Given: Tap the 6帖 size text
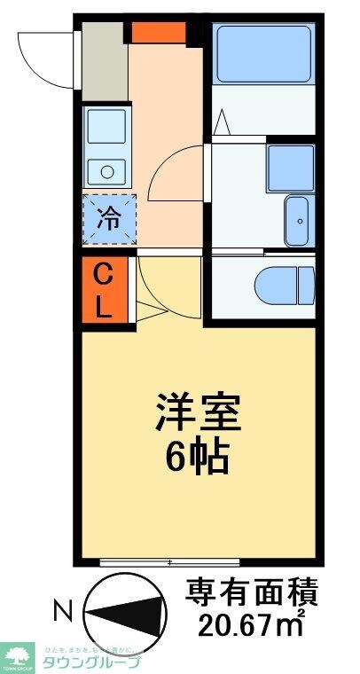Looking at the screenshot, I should click(198, 458).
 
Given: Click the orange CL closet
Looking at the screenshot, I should click(103, 291).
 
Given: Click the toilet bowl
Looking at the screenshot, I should click(283, 285).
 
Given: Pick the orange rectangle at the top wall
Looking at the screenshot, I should click(159, 32).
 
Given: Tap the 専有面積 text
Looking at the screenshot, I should click(251, 591).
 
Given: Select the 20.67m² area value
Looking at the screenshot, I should click(250, 623).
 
